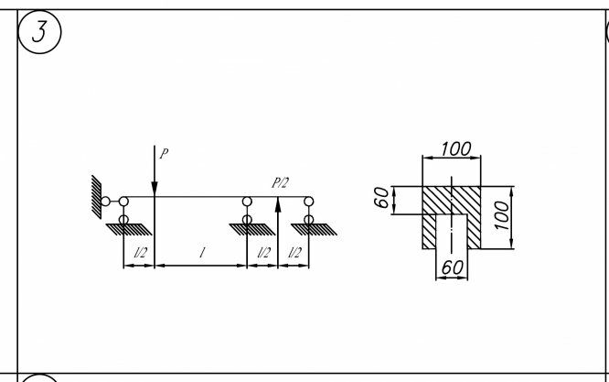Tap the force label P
(x=164, y=154)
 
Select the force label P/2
(x=280, y=183)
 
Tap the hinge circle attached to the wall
(x=106, y=201)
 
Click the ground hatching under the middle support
(x=249, y=229)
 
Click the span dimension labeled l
(x=200, y=253)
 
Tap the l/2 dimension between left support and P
(x=139, y=253)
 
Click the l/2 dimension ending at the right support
(x=294, y=253)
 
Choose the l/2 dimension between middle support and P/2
(x=263, y=253)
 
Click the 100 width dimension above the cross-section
(x=455, y=148)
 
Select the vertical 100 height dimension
(x=501, y=217)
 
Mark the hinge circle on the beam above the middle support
(x=247, y=201)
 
